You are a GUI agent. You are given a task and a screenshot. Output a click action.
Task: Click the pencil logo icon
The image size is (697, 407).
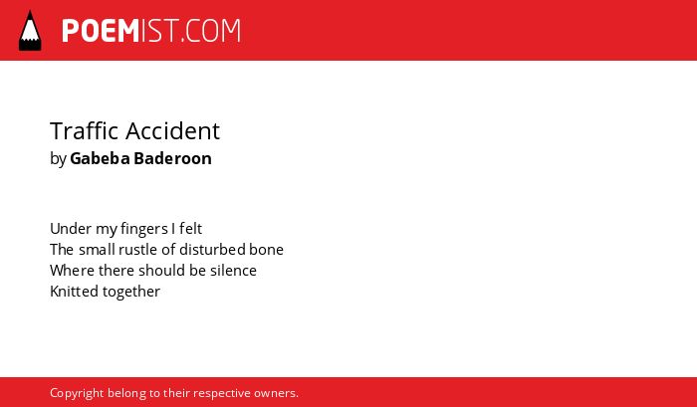30,30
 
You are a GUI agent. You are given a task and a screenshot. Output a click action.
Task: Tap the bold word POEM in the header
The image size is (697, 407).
101,31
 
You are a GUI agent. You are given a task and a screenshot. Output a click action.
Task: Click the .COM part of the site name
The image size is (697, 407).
210,31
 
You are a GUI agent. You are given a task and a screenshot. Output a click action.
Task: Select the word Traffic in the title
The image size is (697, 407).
85,130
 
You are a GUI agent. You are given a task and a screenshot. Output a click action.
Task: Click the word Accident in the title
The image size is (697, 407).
173,130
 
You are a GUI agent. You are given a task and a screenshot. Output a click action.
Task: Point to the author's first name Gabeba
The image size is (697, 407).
100,158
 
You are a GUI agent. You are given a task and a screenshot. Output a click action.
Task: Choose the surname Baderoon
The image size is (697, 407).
173,158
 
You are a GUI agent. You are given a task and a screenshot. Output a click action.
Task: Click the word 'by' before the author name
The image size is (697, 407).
58,159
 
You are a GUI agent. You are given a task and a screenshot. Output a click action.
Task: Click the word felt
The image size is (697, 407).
191,229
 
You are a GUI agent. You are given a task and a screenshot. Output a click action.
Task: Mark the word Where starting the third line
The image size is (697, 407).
72,271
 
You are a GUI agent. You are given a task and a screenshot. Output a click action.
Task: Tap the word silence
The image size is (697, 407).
233,271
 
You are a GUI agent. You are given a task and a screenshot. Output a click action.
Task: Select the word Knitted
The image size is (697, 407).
75,292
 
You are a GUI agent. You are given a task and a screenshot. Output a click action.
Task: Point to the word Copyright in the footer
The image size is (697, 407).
77,394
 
